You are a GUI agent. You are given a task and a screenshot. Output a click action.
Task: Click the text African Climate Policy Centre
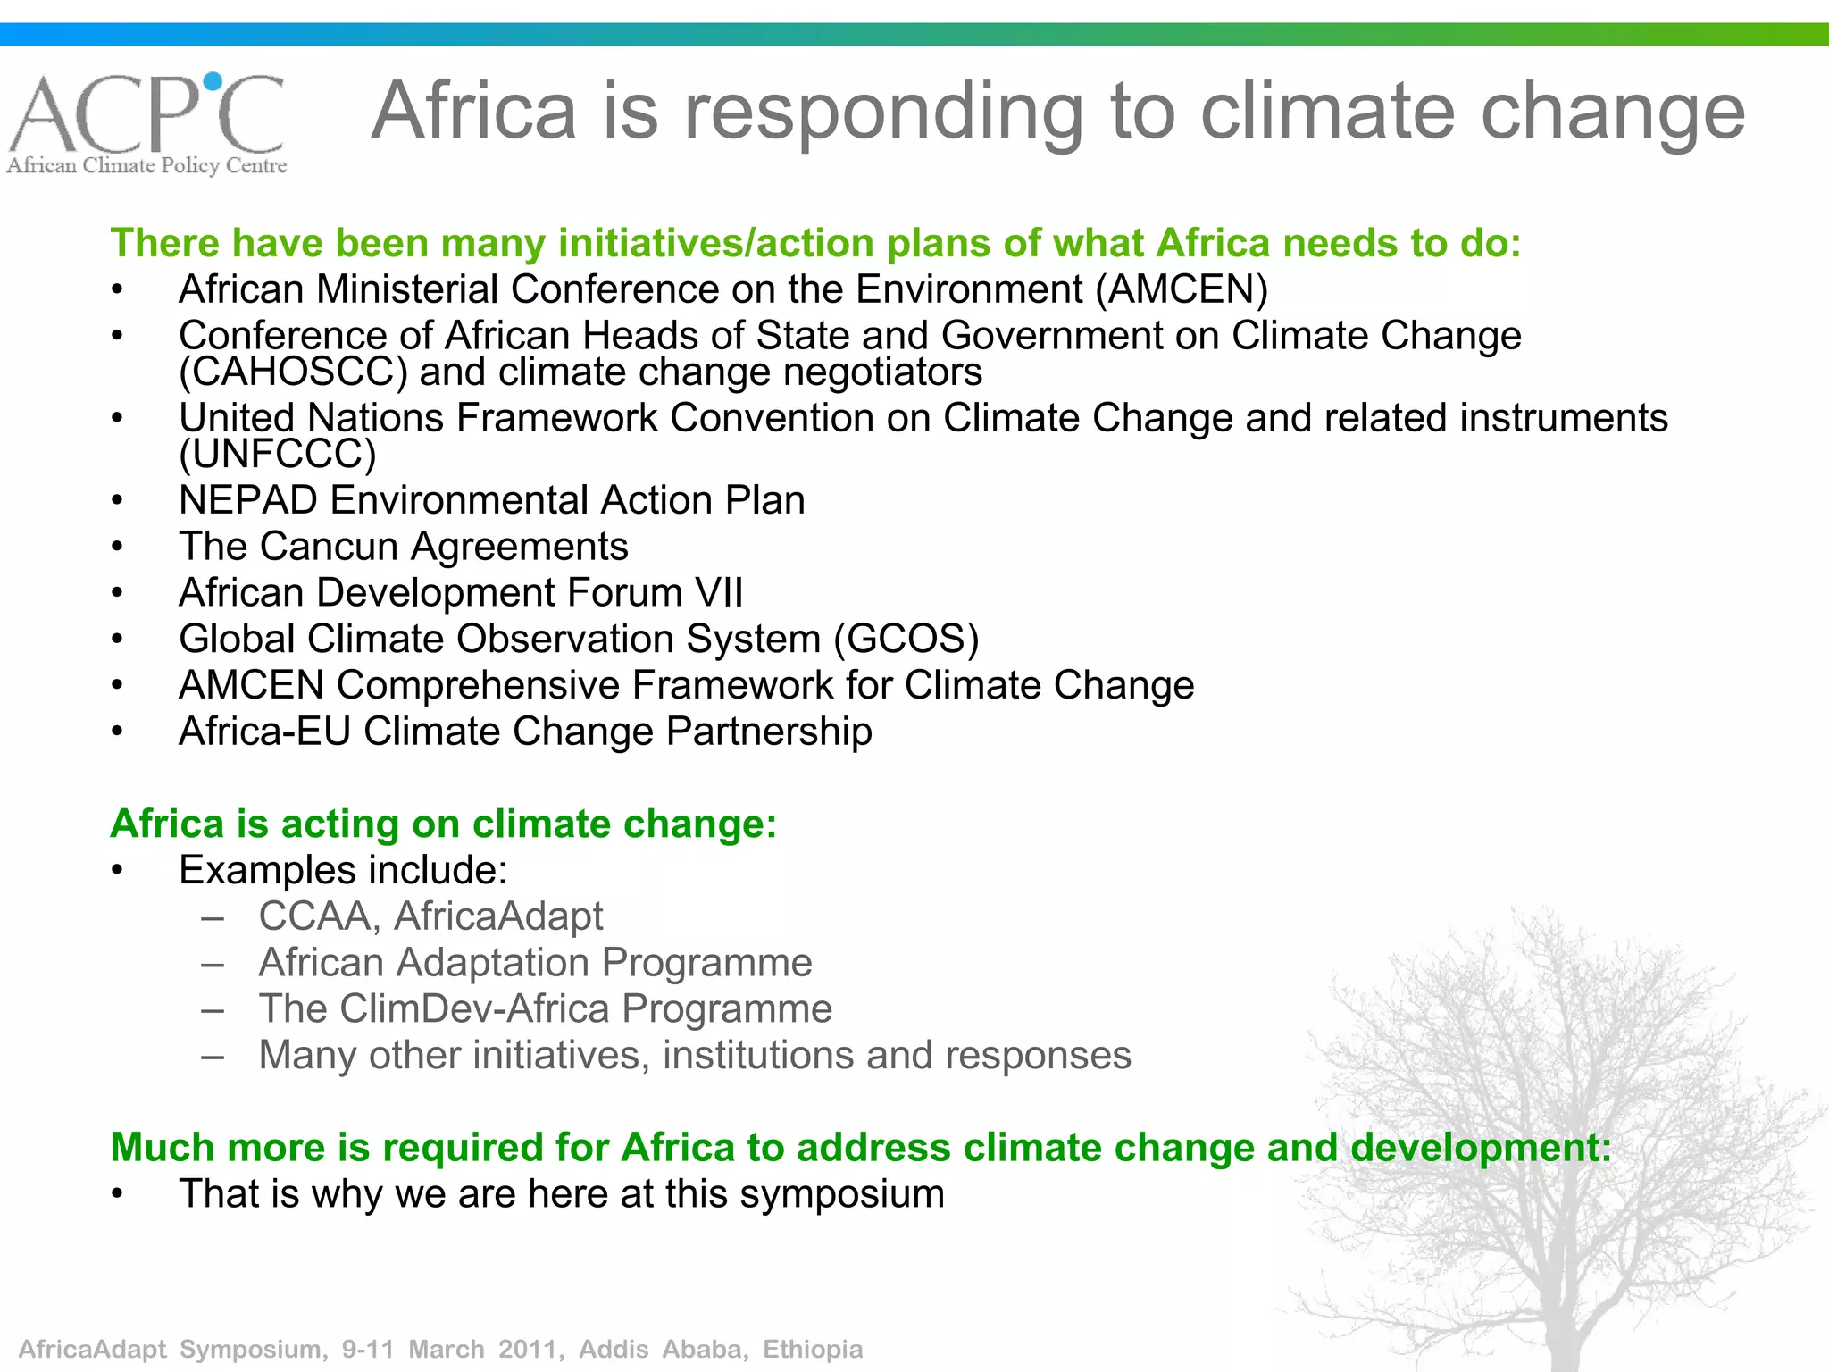[x=147, y=166]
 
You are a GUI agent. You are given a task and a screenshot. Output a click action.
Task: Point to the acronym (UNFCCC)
[x=277, y=455]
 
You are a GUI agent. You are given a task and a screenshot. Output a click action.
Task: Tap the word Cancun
[x=329, y=547]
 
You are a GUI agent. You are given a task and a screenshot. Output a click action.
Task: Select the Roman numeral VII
[x=719, y=593]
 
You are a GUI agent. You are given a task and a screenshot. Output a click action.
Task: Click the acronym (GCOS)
[x=906, y=640]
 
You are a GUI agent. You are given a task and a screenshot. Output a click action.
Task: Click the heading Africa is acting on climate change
[x=443, y=824]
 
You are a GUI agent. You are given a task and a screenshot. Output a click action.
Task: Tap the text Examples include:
[x=343, y=870]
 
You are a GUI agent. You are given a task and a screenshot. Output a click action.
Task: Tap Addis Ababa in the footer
[x=662, y=1349]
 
